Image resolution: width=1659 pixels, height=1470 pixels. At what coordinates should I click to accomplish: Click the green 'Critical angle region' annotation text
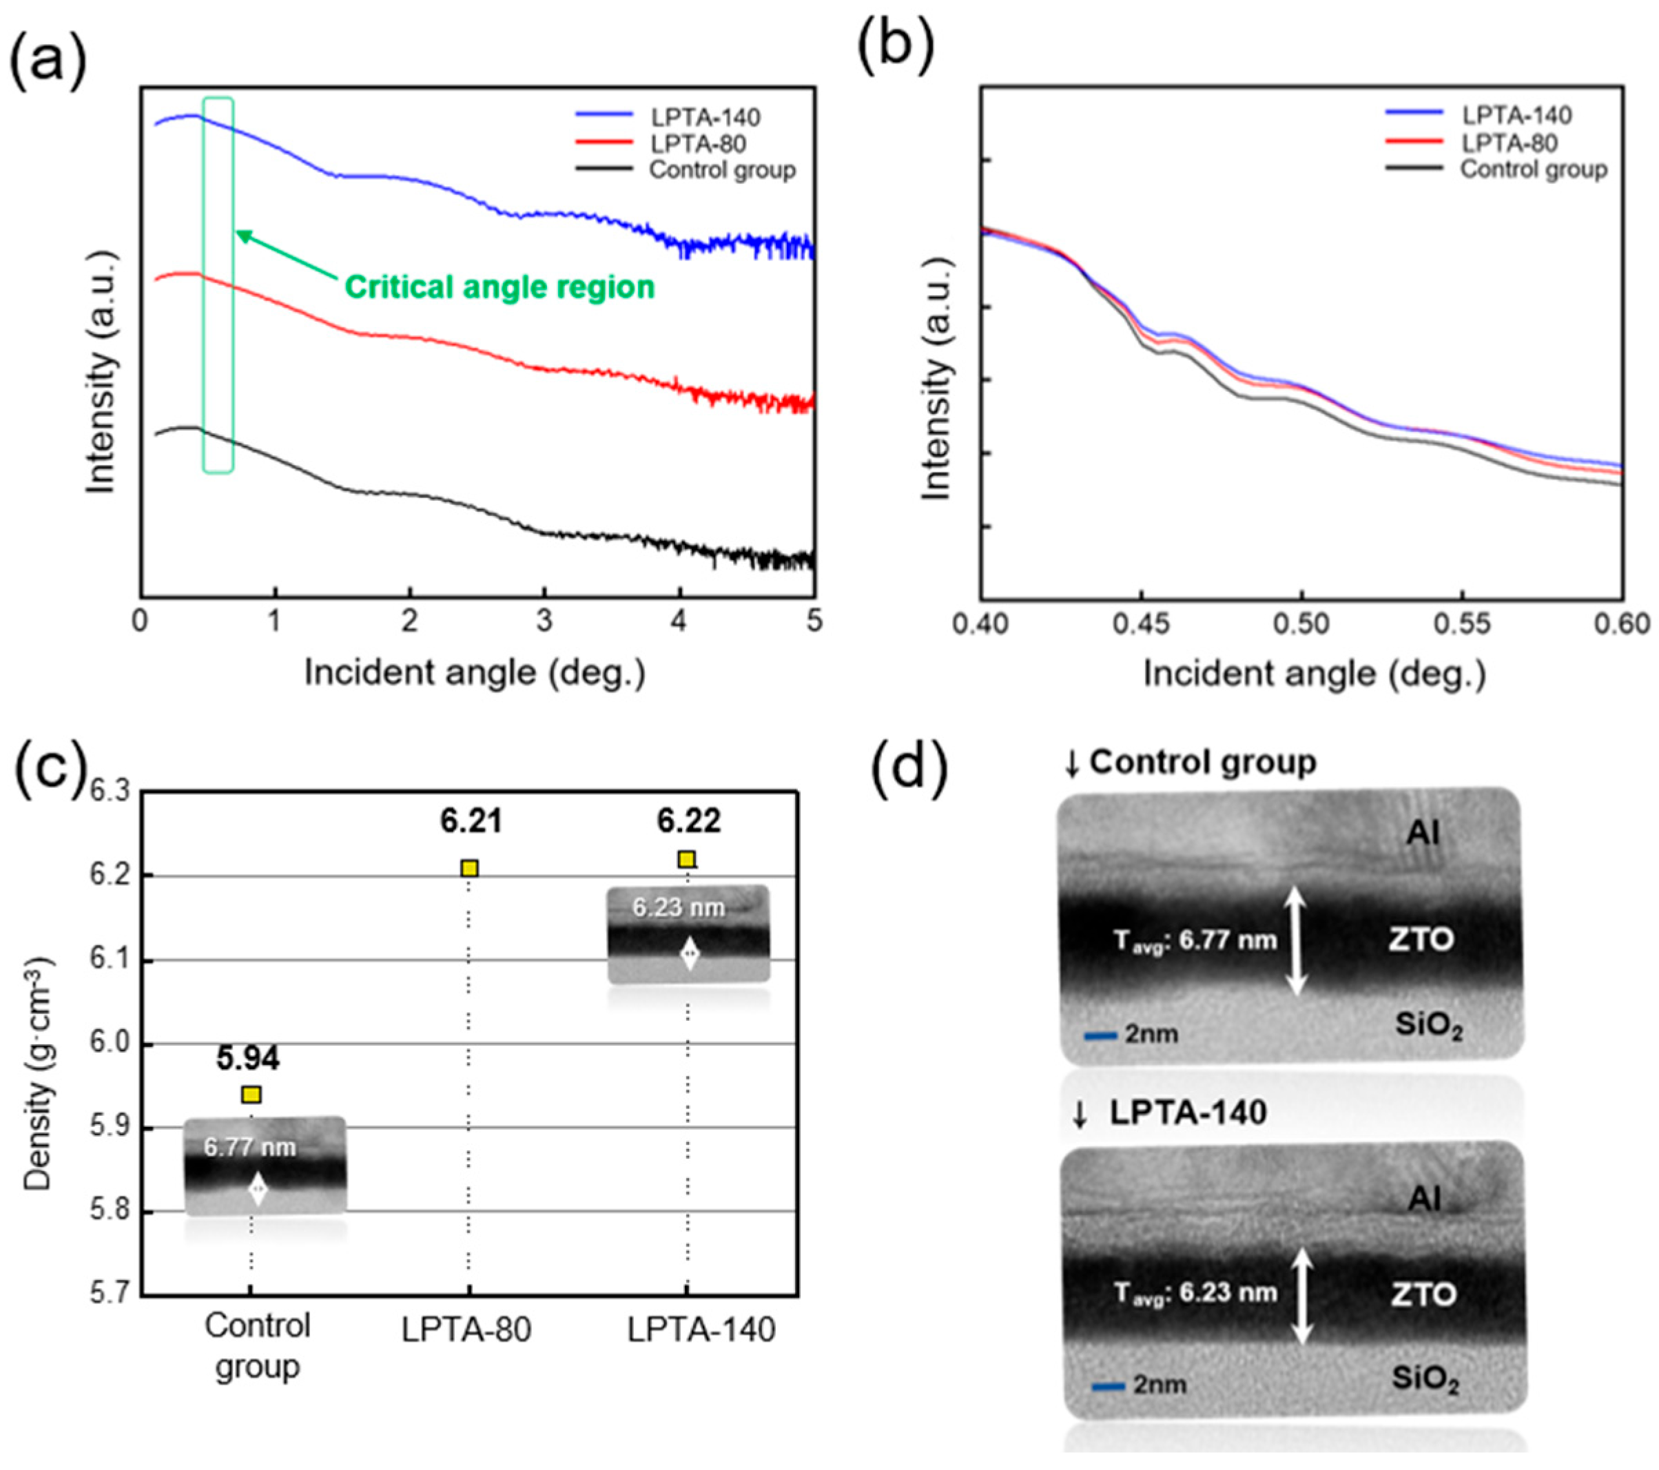pos(499,287)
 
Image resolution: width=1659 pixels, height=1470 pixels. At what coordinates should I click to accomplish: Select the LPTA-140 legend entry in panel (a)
pos(705,117)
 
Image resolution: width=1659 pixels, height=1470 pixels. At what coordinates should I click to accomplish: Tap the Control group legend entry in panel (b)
pos(1533,169)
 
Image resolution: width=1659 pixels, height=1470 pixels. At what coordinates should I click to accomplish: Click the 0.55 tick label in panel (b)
pos(1463,623)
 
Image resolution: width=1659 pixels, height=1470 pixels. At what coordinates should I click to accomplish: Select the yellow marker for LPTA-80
pos(469,869)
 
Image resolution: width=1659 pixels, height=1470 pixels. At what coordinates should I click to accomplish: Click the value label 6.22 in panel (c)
pos(688,821)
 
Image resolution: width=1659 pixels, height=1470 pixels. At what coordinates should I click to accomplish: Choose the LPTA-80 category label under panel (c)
pos(466,1329)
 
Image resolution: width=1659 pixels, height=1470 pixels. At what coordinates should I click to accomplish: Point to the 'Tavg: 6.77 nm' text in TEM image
pos(1195,941)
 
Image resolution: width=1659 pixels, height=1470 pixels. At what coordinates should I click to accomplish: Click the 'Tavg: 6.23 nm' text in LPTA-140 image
pos(1195,1292)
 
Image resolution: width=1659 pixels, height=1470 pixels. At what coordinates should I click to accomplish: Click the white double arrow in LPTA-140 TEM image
pos(1302,1294)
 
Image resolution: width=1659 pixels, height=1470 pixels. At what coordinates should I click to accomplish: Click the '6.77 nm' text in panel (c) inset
pos(249,1147)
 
